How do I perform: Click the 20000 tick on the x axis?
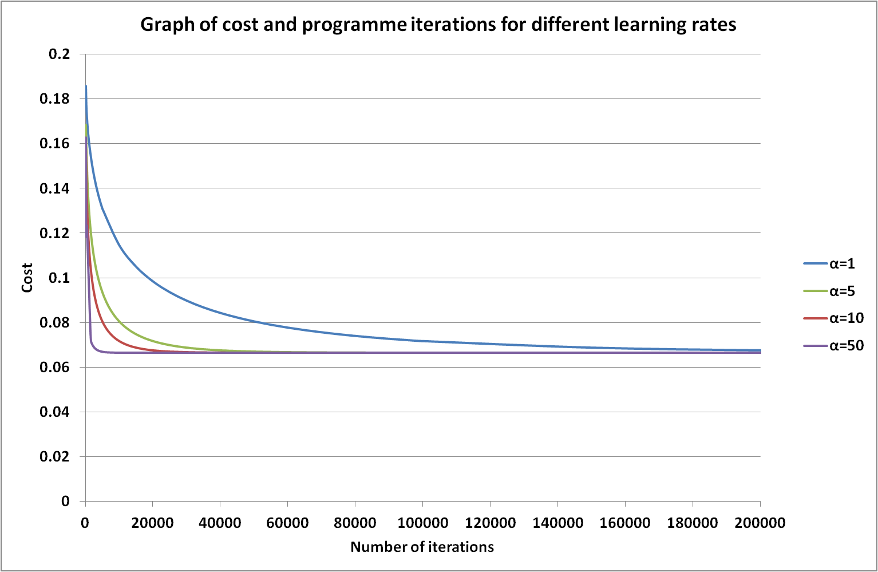152,523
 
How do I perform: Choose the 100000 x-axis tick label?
422,523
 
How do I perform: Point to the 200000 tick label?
760,523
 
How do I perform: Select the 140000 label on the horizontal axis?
557,523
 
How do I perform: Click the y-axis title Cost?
27,278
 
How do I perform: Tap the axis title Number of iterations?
422,547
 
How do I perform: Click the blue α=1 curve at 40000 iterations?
220,311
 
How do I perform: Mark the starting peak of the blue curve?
86,86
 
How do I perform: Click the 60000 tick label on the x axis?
287,523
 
